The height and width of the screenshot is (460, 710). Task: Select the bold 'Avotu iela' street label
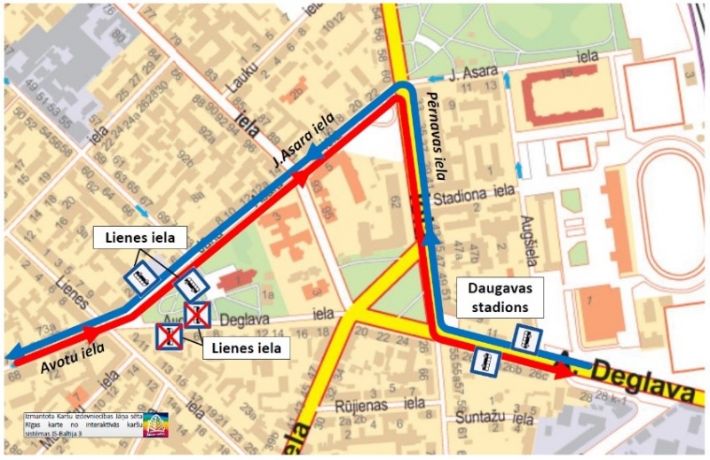click(x=71, y=358)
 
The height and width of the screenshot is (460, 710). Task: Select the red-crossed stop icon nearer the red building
click(x=196, y=312)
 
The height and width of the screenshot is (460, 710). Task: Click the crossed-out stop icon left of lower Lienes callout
click(x=169, y=335)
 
